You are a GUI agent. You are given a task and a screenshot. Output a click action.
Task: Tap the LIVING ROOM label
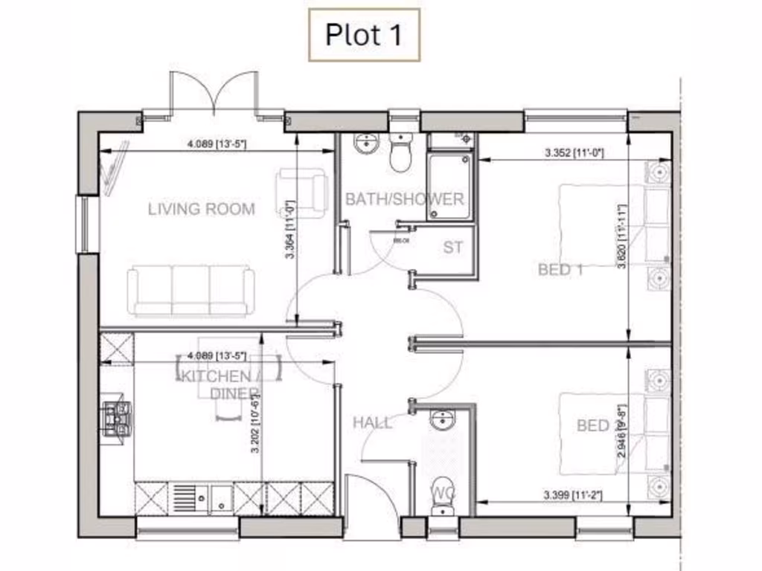click(x=201, y=209)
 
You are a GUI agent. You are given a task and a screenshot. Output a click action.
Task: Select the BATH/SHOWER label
click(x=404, y=199)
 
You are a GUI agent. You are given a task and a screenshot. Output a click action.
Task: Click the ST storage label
click(x=453, y=248)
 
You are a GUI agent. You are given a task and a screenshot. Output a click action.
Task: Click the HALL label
click(x=372, y=422)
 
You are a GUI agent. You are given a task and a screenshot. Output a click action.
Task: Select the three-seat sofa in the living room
click(x=191, y=291)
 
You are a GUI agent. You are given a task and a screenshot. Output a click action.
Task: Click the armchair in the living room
click(x=301, y=189)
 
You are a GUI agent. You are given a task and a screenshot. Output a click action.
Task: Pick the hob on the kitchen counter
click(x=117, y=417)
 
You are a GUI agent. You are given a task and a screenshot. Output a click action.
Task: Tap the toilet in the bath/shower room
click(x=402, y=153)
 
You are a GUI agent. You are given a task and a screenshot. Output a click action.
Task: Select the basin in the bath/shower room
click(x=366, y=144)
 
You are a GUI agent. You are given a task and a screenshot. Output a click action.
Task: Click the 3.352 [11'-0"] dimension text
click(x=574, y=153)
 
